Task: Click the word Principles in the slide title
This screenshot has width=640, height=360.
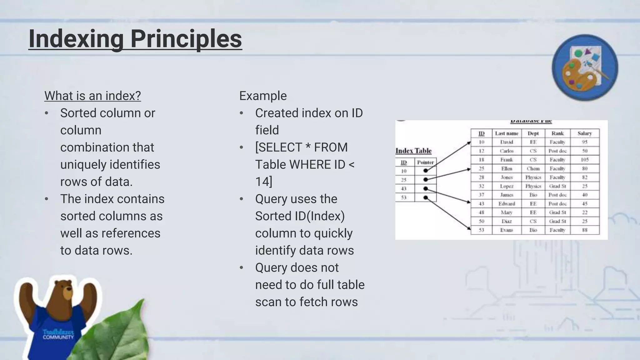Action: pyautogui.click(x=186, y=39)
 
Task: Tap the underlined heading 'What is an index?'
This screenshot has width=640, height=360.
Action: pyautogui.click(x=92, y=96)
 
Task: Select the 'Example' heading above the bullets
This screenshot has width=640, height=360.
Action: pyautogui.click(x=263, y=96)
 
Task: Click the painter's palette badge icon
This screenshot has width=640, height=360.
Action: pyautogui.click(x=585, y=67)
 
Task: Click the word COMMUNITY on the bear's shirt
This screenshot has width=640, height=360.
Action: pyautogui.click(x=58, y=337)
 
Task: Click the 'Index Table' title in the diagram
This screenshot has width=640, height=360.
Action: pyautogui.click(x=413, y=151)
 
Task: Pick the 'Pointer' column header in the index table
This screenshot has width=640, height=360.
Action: pyautogui.click(x=425, y=162)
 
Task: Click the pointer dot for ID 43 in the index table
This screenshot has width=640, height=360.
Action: pyautogui.click(x=425, y=188)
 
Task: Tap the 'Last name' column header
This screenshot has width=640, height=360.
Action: pyautogui.click(x=507, y=133)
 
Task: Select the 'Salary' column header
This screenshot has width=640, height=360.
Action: pyautogui.click(x=584, y=133)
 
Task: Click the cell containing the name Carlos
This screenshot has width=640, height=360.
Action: pyautogui.click(x=507, y=151)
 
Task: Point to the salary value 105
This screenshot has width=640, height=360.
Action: pyautogui.click(x=584, y=160)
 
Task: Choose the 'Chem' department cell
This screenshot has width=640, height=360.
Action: pyautogui.click(x=533, y=168)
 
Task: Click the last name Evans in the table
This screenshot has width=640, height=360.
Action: pyautogui.click(x=507, y=230)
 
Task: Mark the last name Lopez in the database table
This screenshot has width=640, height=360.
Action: pyautogui.click(x=507, y=186)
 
